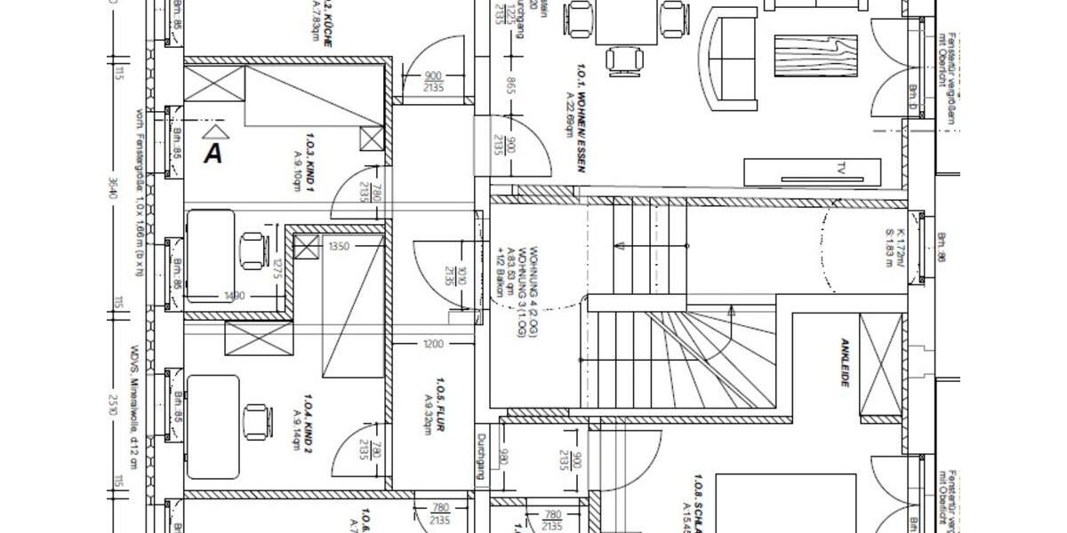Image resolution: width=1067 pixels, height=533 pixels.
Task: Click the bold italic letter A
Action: [x=213, y=153]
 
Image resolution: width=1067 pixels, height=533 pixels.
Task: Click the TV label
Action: [x=840, y=168]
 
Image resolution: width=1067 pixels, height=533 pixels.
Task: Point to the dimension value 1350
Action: [x=339, y=246]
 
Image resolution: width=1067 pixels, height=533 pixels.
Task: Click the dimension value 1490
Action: [x=235, y=296]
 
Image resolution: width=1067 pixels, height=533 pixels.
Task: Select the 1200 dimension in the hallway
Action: [x=433, y=344]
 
